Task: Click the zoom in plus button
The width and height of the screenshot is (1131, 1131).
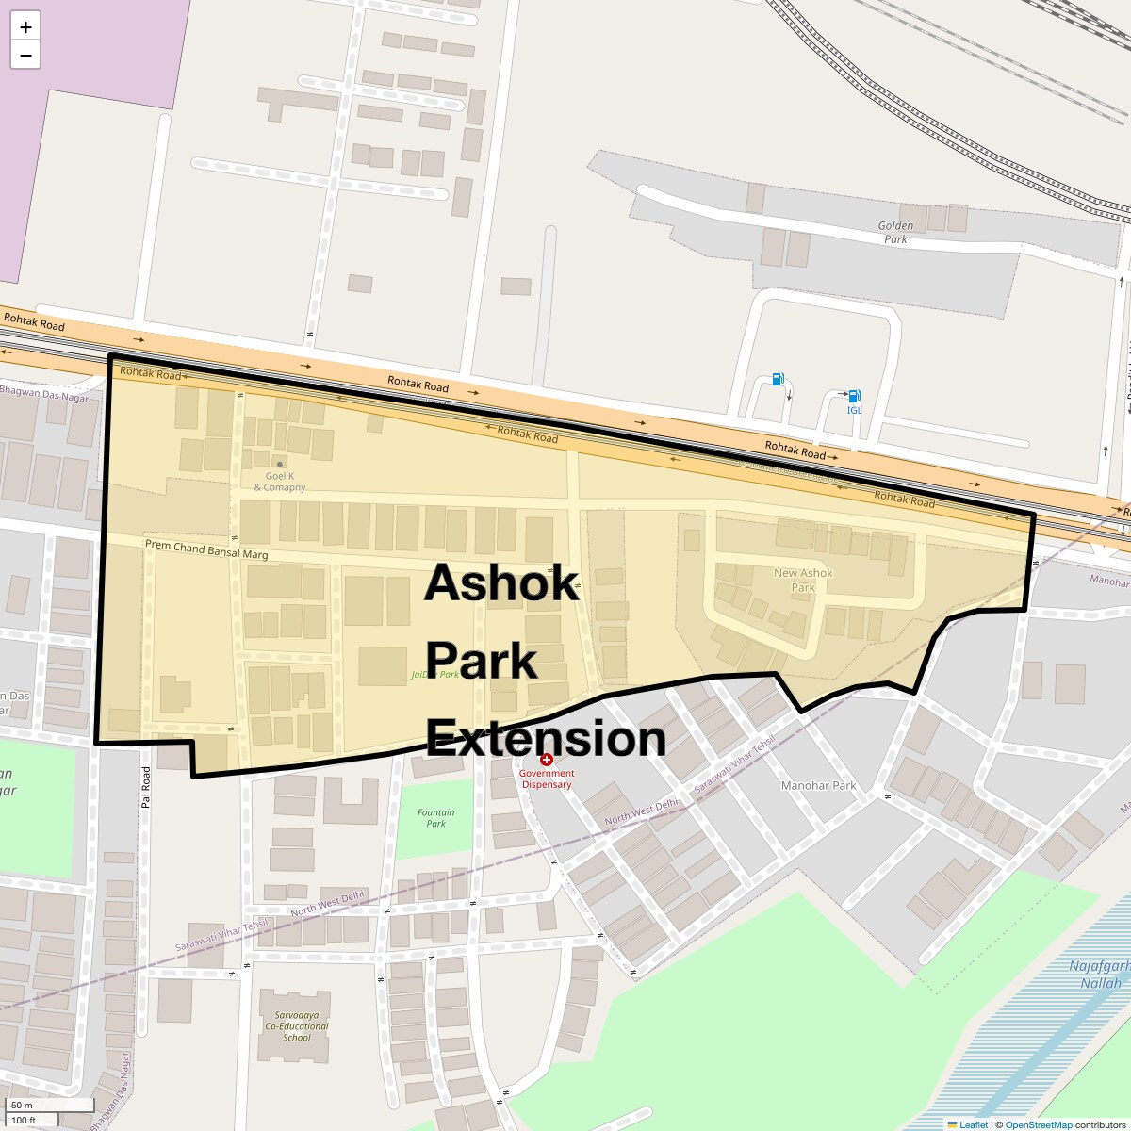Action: tap(25, 26)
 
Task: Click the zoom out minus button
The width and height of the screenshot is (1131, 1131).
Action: tap(25, 56)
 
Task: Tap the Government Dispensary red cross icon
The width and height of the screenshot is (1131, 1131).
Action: tap(547, 760)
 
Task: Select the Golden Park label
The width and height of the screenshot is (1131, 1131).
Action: tap(895, 232)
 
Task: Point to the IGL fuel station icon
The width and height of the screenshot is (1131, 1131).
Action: tap(853, 397)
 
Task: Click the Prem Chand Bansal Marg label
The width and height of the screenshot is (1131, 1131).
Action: tap(206, 549)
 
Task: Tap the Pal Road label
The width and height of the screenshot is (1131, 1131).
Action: tap(146, 790)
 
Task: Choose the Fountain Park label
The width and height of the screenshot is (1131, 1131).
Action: tap(435, 817)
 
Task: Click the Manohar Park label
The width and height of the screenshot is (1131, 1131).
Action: tap(818, 785)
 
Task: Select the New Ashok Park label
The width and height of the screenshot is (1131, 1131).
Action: tap(803, 580)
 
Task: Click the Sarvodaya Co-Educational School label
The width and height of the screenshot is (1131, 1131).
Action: tap(296, 1026)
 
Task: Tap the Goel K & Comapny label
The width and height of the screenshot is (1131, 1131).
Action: tap(280, 482)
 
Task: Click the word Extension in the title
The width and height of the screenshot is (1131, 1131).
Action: tap(546, 738)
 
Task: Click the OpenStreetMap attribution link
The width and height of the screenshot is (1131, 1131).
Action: tap(1038, 1124)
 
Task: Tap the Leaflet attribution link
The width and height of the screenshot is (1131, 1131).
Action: tap(974, 1124)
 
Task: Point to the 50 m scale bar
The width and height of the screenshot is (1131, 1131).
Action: tap(52, 1105)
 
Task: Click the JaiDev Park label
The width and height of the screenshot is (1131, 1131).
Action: tap(434, 675)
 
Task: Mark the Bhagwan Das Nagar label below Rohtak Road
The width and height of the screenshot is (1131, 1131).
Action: tap(44, 393)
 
